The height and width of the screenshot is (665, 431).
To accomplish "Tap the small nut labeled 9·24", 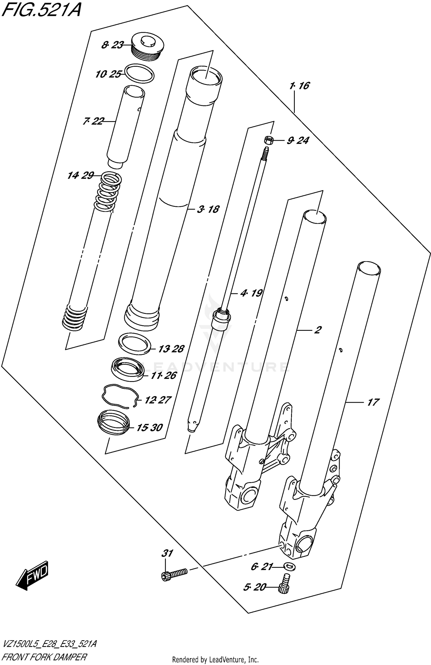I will point(268,140).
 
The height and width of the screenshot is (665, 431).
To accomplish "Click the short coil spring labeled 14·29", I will point(108,191).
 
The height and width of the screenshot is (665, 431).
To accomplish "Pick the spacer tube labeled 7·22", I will point(126,127).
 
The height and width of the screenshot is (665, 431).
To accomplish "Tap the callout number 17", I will point(373,402).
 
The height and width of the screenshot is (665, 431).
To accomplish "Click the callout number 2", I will point(317,330).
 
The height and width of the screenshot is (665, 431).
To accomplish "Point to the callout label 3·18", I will point(208,209).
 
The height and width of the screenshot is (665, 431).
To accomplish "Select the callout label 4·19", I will point(251,293).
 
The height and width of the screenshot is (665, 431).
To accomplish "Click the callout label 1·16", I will point(299,86).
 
